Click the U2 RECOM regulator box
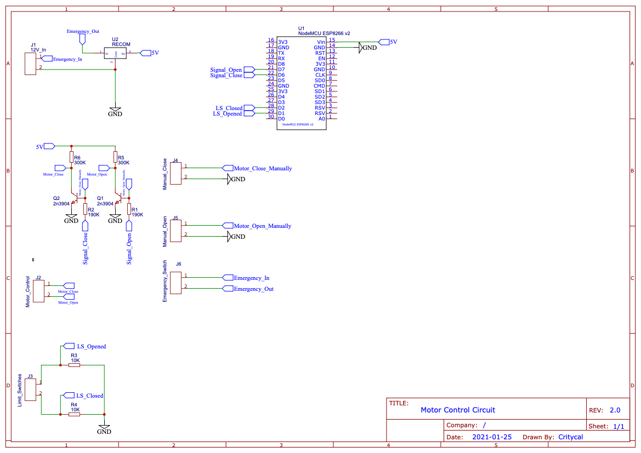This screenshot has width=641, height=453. point(115,53)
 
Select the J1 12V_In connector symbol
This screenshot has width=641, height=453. point(30,64)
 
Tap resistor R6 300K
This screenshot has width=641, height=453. point(71,158)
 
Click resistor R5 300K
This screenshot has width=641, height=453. point(115,158)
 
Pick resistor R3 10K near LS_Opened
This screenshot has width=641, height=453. point(74,365)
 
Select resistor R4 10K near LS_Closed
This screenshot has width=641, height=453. point(74,414)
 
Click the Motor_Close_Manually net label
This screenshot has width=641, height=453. point(263,168)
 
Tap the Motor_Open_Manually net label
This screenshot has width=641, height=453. point(262,226)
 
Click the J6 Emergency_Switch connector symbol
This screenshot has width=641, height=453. point(175,282)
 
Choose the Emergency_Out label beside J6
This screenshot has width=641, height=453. point(253,289)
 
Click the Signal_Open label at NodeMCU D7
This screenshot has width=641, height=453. point(226,70)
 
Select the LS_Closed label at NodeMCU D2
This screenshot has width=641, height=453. point(229,108)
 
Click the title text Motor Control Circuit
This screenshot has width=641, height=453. point(457,410)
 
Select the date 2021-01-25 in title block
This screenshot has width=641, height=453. point(491,437)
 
